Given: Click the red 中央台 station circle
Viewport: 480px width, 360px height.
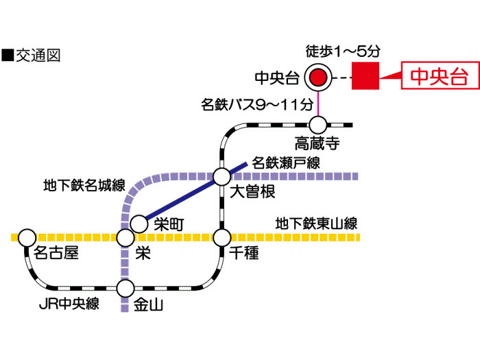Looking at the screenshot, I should (317, 77).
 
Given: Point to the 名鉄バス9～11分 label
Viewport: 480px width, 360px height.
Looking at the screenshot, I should (257, 105).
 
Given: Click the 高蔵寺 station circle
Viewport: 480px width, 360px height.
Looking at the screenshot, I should (317, 125).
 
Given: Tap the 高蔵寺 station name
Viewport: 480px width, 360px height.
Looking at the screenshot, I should (317, 143).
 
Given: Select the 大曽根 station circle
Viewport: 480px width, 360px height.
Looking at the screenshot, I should (221, 176).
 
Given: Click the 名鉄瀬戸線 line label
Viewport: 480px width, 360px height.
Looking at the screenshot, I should (286, 163).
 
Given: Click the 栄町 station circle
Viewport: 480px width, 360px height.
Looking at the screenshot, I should (139, 224).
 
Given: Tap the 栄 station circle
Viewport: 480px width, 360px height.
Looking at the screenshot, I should (125, 237).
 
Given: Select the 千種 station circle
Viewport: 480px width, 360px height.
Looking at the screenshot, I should (221, 237).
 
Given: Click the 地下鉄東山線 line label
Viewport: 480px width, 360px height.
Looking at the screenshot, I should (316, 223).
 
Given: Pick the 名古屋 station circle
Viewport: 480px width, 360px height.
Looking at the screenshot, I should (27, 237).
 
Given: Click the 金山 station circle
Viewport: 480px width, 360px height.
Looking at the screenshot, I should (125, 288).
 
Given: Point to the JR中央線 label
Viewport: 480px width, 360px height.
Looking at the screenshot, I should (70, 303).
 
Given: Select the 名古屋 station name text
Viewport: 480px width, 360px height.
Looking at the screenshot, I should (56, 253).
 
